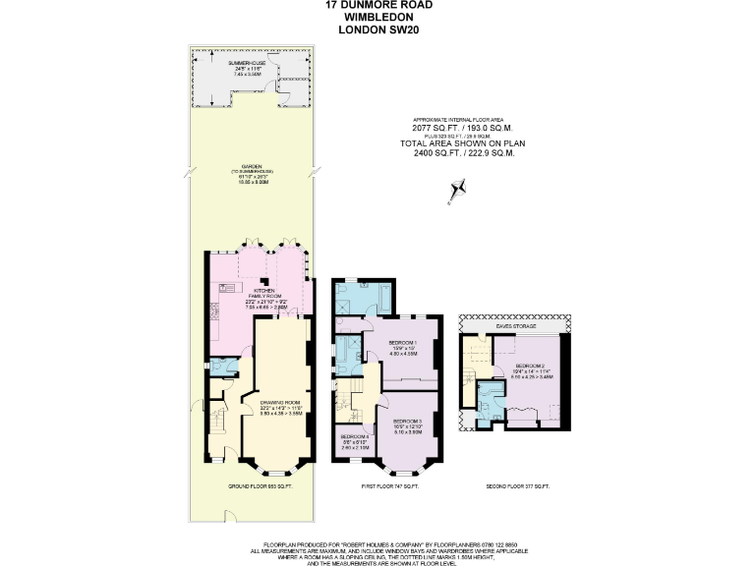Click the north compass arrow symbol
coord(455,190)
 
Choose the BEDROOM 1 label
coord(402,343)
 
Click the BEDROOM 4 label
coord(354,436)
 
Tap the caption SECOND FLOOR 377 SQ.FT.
coord(516,486)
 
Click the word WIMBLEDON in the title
coord(377,17)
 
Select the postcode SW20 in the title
coord(401,29)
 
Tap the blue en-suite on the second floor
coord(490,397)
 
